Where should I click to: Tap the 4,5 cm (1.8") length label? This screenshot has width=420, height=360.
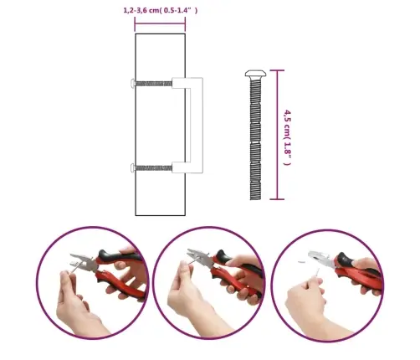click(287, 137)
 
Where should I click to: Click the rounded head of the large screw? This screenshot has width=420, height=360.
click(255, 74)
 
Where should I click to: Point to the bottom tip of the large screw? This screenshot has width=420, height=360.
click(255, 199)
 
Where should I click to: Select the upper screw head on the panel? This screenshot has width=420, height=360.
click(133, 83)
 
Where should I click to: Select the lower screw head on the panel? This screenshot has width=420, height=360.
click(133, 168)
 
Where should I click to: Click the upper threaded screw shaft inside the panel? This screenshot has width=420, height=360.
click(154, 84)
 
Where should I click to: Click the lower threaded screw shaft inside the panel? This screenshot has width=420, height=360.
click(154, 168)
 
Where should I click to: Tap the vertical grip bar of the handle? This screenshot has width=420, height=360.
click(197, 125)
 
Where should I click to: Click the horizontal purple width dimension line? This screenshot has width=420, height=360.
click(160, 24)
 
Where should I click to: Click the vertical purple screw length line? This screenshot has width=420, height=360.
click(277, 135)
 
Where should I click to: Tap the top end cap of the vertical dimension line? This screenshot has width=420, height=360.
click(277, 70)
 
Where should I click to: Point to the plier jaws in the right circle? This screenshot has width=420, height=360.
click(320, 259)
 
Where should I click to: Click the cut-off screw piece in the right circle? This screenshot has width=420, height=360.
click(302, 262)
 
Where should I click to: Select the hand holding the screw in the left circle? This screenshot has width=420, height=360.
click(75, 303)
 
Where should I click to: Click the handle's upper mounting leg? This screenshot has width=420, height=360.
click(182, 83)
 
